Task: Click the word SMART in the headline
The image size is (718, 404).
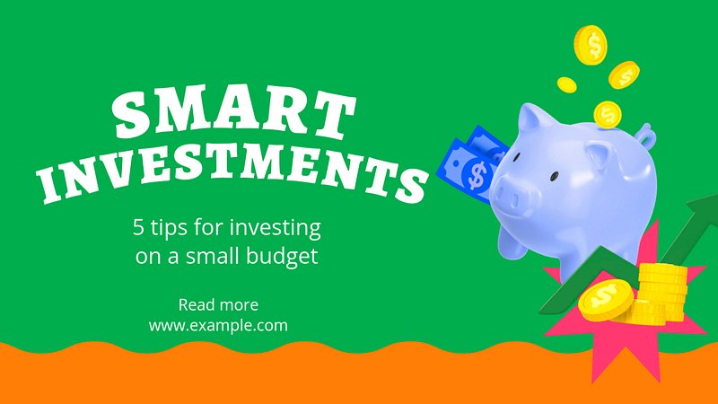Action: pos(233,112)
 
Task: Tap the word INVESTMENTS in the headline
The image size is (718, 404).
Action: pos(233,173)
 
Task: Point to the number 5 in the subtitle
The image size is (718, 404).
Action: pos(138,227)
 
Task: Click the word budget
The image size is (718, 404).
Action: pos(282,257)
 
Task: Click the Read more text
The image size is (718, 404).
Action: pos(218,304)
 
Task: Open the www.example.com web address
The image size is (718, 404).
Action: pos(218,326)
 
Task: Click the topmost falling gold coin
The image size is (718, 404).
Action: pos(591,45)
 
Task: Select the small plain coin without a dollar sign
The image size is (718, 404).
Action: pos(567,84)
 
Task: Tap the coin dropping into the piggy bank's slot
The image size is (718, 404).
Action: pos(608,115)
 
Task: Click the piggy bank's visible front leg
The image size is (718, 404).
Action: pos(512,241)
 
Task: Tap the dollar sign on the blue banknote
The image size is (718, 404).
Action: pos(477,175)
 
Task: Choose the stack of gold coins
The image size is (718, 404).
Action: pos(660,294)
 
